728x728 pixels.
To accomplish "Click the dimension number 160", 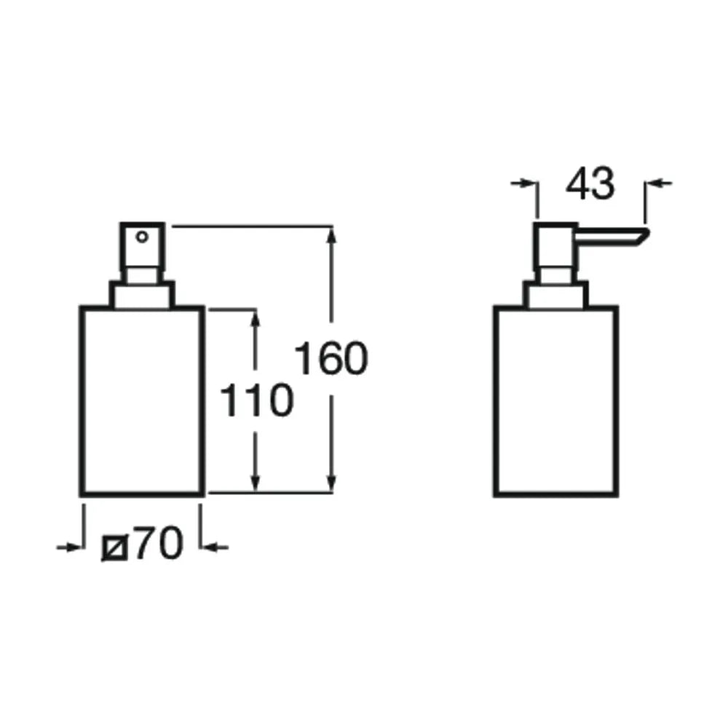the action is tap(331, 358).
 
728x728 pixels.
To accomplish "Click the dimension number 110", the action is tap(256, 400).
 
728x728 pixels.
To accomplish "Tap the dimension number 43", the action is tap(590, 183).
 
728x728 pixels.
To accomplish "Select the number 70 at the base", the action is tap(158, 543).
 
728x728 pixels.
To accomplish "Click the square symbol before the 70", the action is tap(115, 548).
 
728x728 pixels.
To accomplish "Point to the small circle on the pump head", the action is tap(142, 237).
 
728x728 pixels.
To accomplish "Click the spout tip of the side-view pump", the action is tap(646, 232).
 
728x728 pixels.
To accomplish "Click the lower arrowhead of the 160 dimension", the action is tap(331, 483).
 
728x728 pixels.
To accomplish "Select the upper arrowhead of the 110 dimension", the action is tap(255, 319).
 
